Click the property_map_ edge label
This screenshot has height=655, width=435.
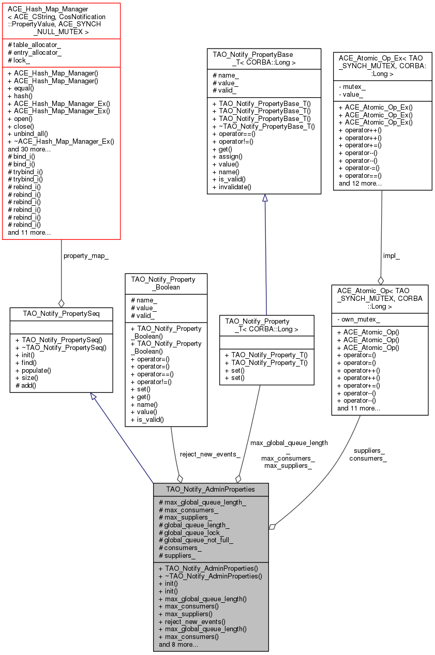[86, 256]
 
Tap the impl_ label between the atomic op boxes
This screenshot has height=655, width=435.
[391, 256]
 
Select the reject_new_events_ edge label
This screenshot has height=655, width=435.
[209, 454]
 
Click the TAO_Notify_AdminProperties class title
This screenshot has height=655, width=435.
[211, 489]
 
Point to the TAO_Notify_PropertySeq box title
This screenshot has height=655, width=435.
[61, 313]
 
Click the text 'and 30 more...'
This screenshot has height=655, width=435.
[29, 149]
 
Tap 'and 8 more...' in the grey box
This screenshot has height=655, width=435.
[178, 645]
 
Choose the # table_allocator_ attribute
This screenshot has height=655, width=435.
[34, 45]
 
